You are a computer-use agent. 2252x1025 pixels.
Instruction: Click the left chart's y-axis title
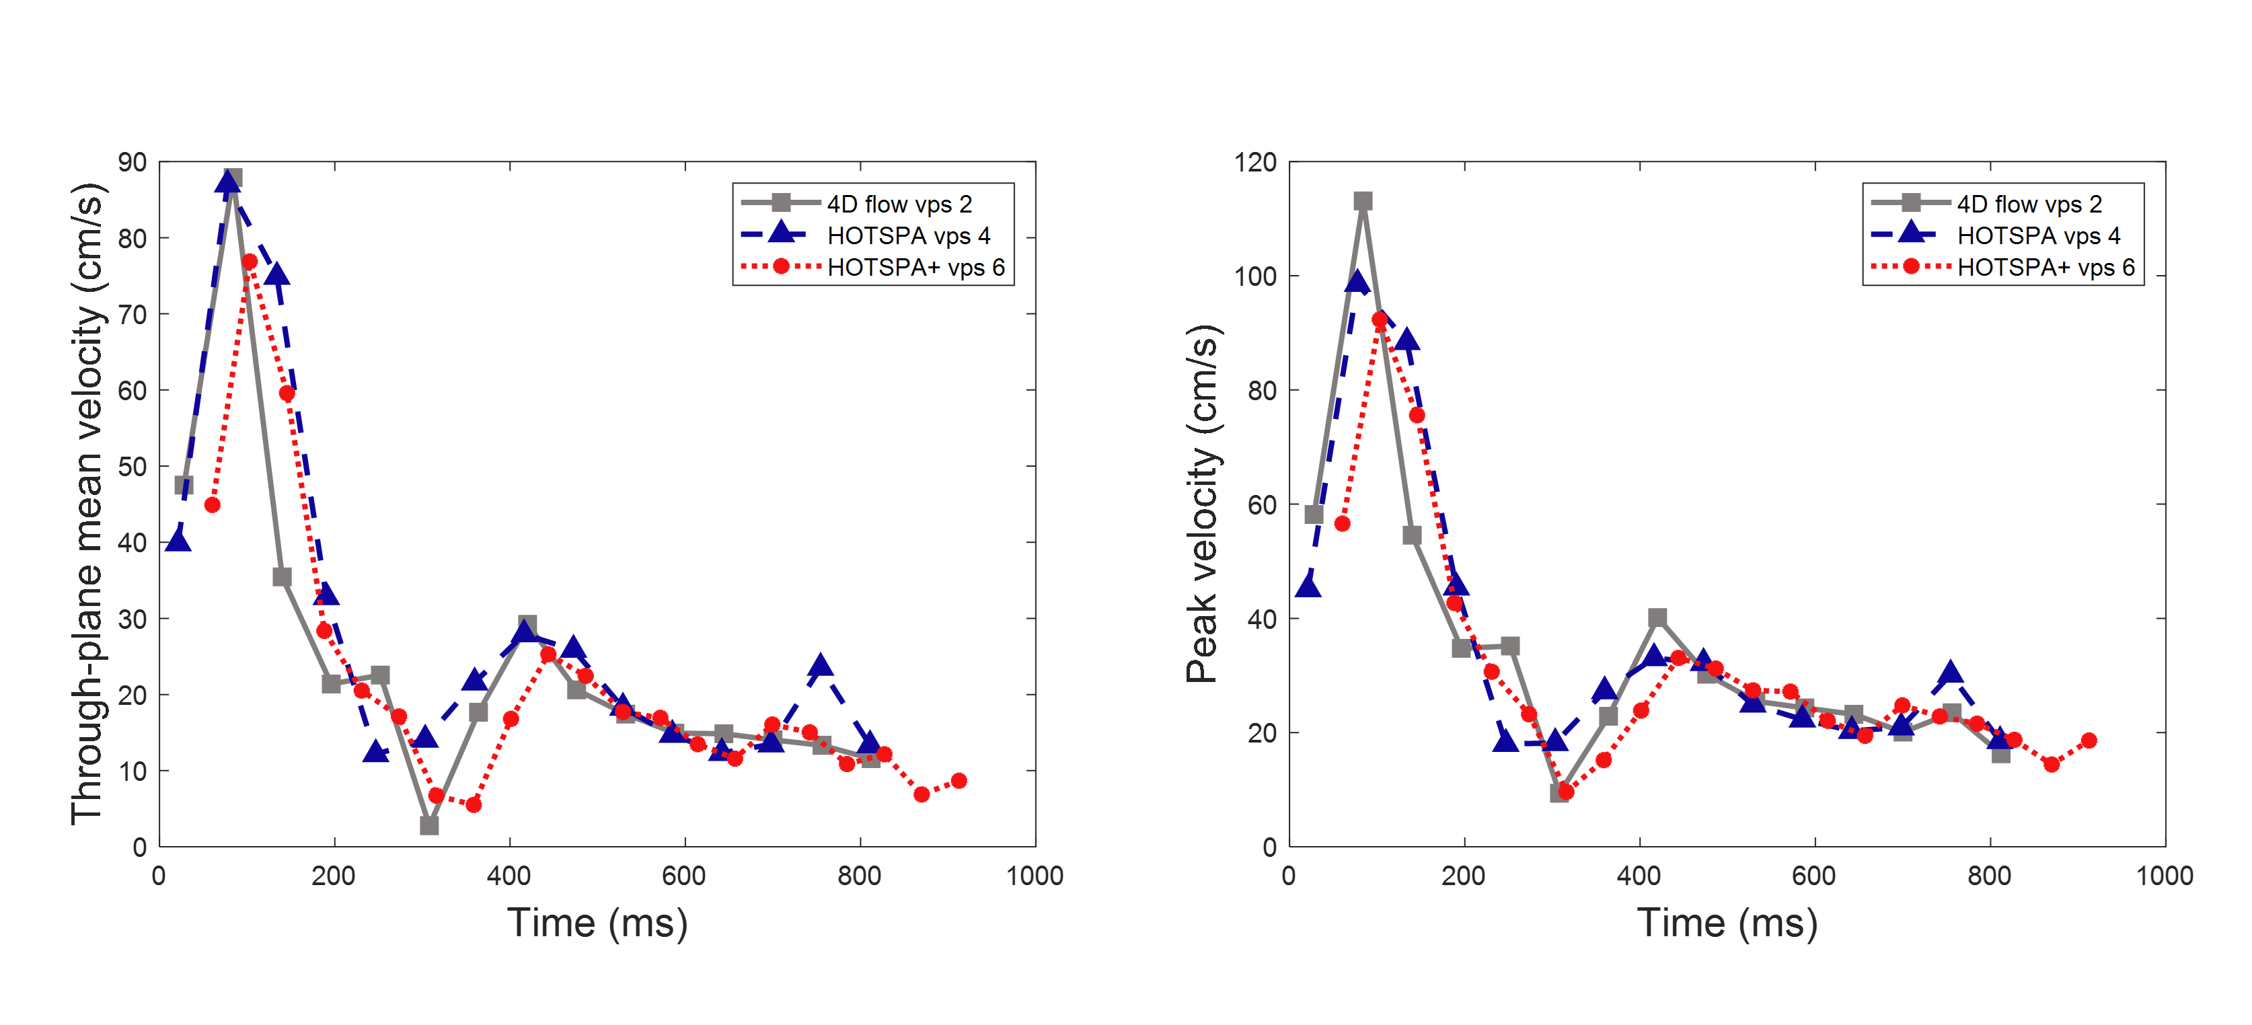[87, 504]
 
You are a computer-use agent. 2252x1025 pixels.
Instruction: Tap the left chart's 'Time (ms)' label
[597, 923]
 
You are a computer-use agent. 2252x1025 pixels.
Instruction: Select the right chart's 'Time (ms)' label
[1727, 923]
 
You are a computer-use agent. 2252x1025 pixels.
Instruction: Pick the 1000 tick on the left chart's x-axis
[1035, 876]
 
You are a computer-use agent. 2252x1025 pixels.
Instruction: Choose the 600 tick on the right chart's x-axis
[1814, 876]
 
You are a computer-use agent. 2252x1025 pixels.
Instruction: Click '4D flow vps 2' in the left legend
[899, 204]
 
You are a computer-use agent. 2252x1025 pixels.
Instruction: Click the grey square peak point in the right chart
[1363, 202]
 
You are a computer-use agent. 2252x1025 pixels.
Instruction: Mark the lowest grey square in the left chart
[429, 825]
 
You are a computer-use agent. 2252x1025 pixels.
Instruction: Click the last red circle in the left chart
[959, 780]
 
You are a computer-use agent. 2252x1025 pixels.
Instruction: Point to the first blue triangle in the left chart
[178, 541]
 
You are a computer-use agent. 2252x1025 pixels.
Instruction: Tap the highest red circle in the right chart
[1380, 320]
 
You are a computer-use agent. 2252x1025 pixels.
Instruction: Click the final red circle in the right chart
[2089, 740]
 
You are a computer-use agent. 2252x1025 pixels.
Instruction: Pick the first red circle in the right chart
[1342, 523]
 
